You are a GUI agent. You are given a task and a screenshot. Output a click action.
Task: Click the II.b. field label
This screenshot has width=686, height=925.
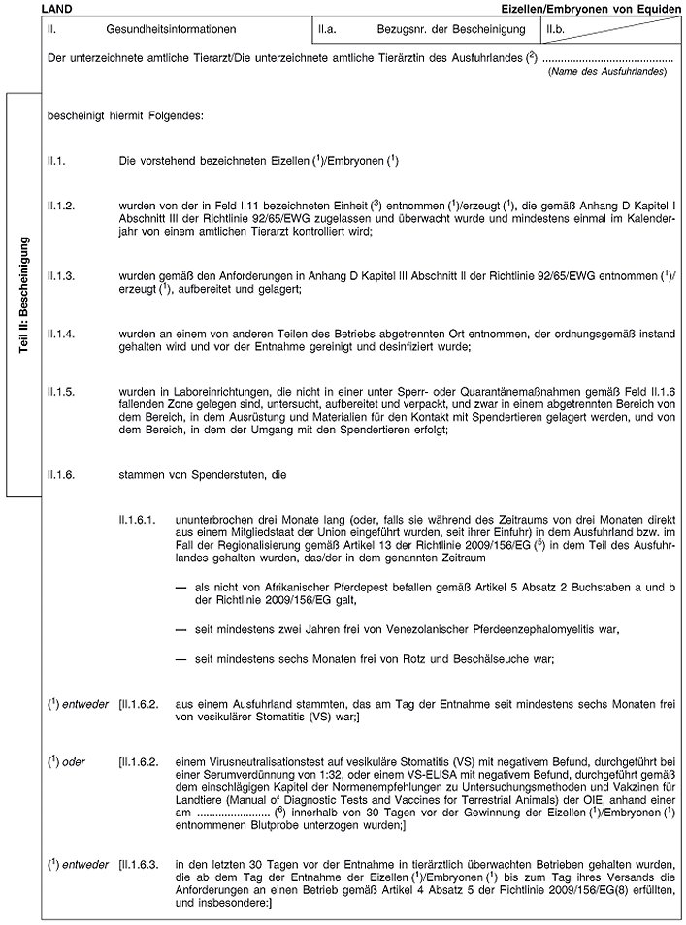557,30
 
